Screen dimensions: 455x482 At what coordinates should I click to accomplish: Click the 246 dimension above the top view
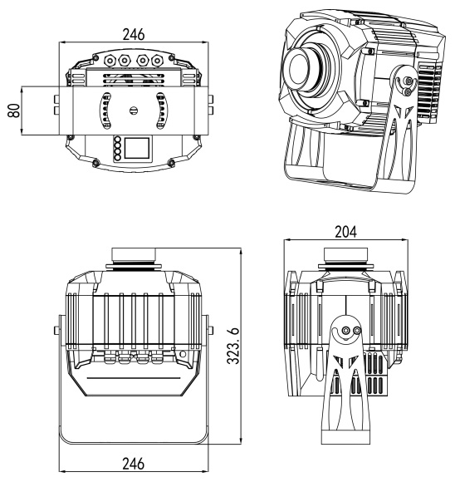(134, 34)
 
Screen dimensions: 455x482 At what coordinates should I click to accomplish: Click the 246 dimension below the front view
(134, 464)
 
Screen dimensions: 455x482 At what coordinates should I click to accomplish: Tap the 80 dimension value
(14, 111)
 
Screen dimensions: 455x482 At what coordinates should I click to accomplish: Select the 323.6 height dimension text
(232, 346)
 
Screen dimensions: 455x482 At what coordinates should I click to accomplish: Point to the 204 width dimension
(345, 232)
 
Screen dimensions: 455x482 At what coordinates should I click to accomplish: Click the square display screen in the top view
(136, 148)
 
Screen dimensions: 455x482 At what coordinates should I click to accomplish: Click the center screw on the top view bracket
(134, 111)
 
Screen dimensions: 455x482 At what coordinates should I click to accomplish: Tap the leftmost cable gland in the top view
(109, 60)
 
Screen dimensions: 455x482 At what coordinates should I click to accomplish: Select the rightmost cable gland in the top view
(157, 60)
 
